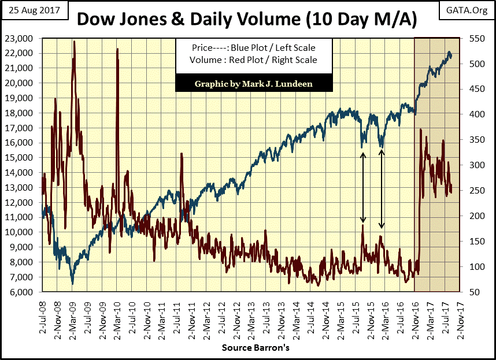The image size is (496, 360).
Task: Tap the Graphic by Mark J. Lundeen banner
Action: point(254,83)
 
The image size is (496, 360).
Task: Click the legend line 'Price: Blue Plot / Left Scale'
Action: point(254,48)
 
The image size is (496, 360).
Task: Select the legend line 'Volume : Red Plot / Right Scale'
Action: point(254,60)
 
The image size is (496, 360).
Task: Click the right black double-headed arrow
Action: point(382,188)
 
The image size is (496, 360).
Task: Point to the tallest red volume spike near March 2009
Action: point(74,42)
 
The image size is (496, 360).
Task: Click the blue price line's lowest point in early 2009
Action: point(72,283)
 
